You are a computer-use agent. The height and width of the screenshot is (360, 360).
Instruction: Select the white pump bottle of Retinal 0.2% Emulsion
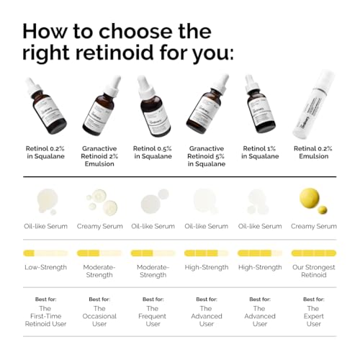click(x=314, y=107)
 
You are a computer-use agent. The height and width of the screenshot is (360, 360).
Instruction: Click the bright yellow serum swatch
click(x=313, y=200)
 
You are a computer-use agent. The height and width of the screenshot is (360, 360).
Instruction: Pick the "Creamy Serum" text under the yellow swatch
click(x=313, y=226)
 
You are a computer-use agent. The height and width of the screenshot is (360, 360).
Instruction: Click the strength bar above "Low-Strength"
click(x=45, y=253)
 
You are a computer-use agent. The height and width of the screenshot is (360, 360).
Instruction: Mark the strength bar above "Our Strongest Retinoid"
click(x=313, y=253)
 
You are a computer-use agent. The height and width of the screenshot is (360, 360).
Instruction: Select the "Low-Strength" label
click(x=45, y=267)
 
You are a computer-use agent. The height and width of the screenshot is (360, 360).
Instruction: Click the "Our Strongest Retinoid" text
click(x=313, y=271)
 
